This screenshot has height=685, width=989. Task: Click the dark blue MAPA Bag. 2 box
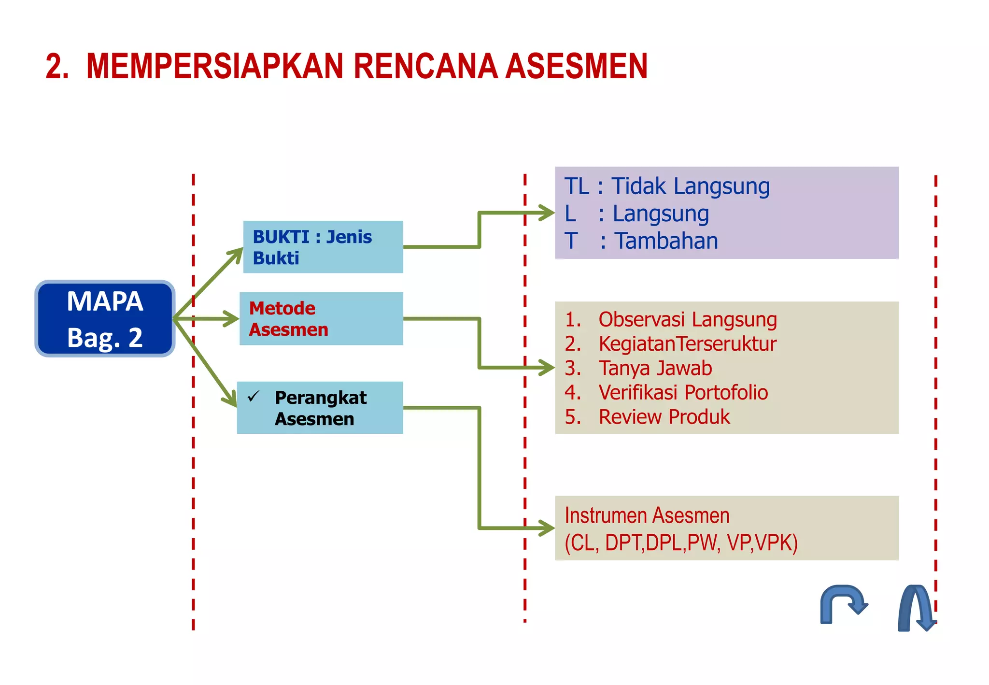pyautogui.click(x=105, y=319)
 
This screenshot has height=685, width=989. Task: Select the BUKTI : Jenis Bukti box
pyautogui.click(x=323, y=247)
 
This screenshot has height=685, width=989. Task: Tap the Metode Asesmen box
pyautogui.click(x=321, y=318)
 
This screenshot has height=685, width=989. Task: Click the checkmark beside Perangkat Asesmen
pyautogui.click(x=254, y=397)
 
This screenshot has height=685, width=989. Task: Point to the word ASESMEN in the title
pyautogui.click(x=577, y=66)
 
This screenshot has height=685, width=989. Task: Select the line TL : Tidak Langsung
pyautogui.click(x=666, y=186)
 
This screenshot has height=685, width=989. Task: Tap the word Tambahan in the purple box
pyautogui.click(x=666, y=241)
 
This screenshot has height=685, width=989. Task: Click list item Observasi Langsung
pyautogui.click(x=687, y=319)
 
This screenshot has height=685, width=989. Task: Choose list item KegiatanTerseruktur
pyautogui.click(x=687, y=344)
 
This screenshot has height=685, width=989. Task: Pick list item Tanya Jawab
pyautogui.click(x=655, y=368)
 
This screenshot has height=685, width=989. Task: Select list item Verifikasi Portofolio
pyautogui.click(x=683, y=392)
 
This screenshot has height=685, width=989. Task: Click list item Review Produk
pyautogui.click(x=664, y=417)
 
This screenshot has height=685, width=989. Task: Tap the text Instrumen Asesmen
pyautogui.click(x=647, y=515)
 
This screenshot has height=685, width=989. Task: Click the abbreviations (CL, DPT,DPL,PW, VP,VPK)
pyautogui.click(x=681, y=542)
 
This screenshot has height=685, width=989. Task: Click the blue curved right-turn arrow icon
pyautogui.click(x=843, y=604)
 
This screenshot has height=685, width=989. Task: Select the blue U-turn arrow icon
pyautogui.click(x=916, y=608)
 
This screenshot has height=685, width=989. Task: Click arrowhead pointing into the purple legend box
pyautogui.click(x=547, y=213)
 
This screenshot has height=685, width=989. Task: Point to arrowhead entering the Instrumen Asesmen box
pyautogui.click(x=547, y=528)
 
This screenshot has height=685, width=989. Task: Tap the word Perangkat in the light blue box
pyautogui.click(x=321, y=398)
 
